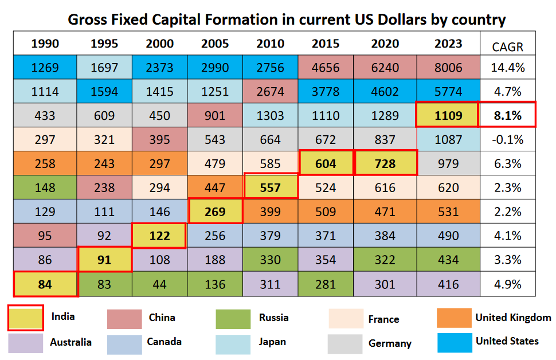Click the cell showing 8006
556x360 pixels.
pyautogui.click(x=448, y=68)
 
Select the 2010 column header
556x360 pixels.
pyautogui.click(x=271, y=44)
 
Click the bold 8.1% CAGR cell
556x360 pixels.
pyautogui.click(x=508, y=115)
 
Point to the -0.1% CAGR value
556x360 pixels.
pyautogui.click(x=508, y=139)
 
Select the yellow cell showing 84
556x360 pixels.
pyautogui.click(x=45, y=284)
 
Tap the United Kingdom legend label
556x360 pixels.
pyautogui.click(x=513, y=317)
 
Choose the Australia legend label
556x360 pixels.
pyautogui.click(x=71, y=342)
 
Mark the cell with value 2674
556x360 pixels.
pyautogui.click(x=271, y=92)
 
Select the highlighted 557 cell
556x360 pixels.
pyautogui.click(x=271, y=187)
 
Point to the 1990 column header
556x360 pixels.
pyautogui.click(x=45, y=44)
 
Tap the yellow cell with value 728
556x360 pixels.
pyautogui.click(x=385, y=163)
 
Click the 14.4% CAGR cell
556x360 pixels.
pyautogui.click(x=508, y=68)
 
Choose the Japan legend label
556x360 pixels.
pyautogui.click(x=272, y=342)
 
